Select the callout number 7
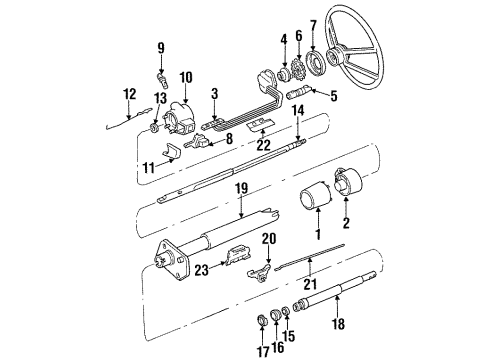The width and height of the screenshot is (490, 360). [313, 25]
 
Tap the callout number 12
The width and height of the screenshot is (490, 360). [128, 94]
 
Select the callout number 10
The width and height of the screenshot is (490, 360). [185, 78]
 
